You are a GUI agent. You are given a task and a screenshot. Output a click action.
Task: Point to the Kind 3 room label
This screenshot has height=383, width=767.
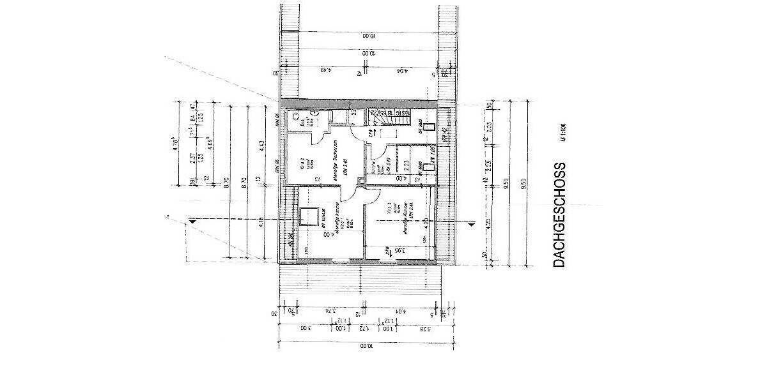(388, 211)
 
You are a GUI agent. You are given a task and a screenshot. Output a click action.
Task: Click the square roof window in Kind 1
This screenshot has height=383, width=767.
(311, 216)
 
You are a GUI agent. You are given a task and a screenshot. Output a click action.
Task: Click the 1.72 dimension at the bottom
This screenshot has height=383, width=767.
(361, 329)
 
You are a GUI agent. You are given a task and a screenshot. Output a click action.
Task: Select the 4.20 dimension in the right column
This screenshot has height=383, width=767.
(489, 223)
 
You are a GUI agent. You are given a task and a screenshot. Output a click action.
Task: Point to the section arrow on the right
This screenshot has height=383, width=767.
(472, 223)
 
